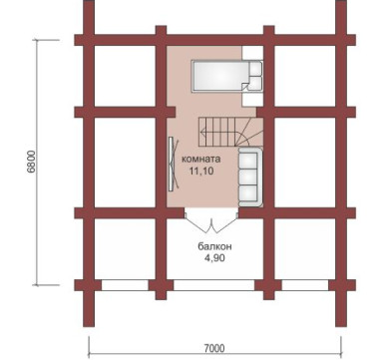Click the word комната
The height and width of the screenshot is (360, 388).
[x=200, y=160]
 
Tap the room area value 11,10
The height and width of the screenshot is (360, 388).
[x=201, y=172]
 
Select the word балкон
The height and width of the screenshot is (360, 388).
[x=214, y=246]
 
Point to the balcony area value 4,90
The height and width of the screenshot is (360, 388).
[x=214, y=258]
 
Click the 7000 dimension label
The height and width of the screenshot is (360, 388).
[x=214, y=348]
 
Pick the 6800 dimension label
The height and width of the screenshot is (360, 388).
[x=31, y=162]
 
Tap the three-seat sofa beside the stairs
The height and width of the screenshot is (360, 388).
[x=250, y=178]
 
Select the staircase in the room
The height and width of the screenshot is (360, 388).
[x=230, y=132]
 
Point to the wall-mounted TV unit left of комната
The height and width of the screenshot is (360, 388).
[x=173, y=164]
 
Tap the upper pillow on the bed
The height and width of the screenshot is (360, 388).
[x=255, y=69]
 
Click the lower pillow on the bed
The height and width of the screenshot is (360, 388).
[x=255, y=83]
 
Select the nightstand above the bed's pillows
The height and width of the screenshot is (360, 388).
[x=252, y=53]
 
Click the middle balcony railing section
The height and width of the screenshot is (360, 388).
[x=214, y=285]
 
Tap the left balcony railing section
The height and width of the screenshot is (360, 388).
[x=125, y=285]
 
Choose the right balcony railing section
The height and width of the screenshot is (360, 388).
[x=305, y=285]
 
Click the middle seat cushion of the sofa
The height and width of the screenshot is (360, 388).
[x=248, y=178]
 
